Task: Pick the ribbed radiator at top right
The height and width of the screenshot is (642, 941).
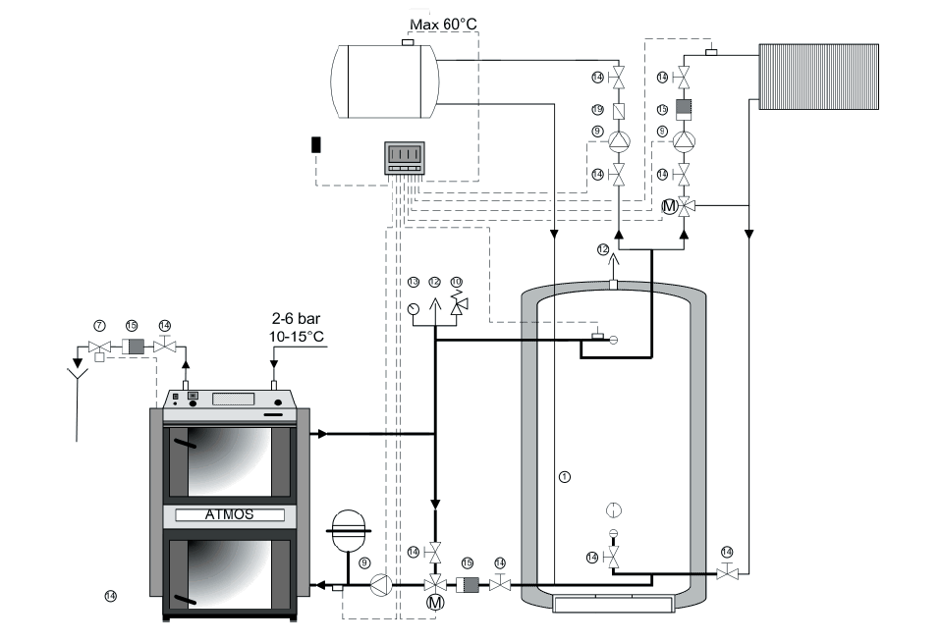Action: tap(817, 74)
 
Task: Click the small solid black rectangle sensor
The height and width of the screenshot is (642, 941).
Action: tap(316, 144)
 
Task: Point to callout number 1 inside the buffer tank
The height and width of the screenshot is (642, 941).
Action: tap(563, 476)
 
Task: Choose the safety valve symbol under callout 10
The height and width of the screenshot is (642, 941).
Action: tap(456, 307)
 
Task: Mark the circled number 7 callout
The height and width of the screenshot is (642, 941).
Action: tap(98, 324)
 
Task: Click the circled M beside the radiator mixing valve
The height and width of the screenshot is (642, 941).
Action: tap(668, 206)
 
